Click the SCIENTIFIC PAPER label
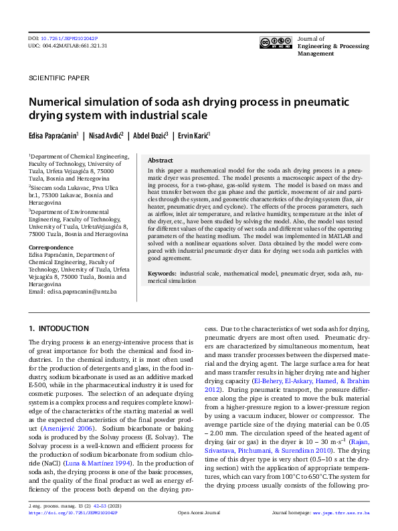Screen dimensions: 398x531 (59, 78)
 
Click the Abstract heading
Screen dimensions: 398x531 (160, 161)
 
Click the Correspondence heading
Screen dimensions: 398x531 (50, 247)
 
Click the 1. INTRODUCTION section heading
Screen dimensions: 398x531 (59, 329)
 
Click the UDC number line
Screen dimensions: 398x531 (68, 46)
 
